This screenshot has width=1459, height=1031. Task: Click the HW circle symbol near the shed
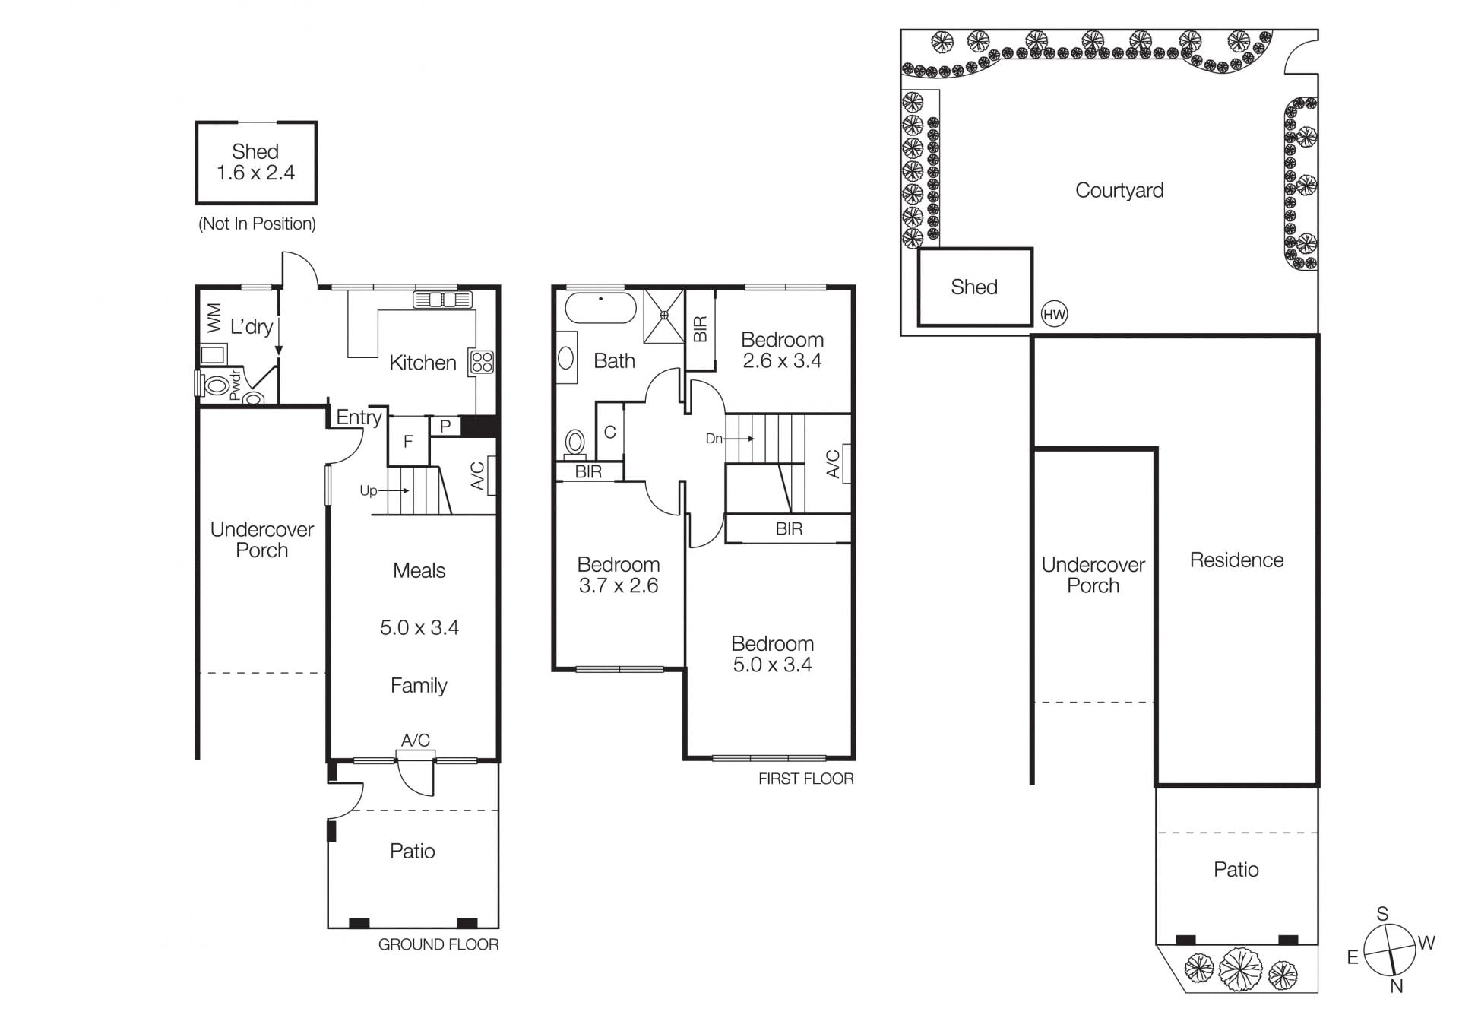click(1054, 314)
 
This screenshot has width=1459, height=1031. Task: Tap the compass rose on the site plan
click(1390, 950)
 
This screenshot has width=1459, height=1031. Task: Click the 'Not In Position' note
click(257, 224)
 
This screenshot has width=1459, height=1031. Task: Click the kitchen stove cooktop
click(482, 362)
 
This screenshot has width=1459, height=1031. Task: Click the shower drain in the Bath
click(664, 314)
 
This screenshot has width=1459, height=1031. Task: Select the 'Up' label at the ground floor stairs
click(369, 490)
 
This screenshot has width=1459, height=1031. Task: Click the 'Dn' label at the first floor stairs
click(714, 439)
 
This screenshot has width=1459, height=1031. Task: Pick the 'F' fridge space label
click(408, 442)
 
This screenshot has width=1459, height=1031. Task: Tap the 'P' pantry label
click(445, 427)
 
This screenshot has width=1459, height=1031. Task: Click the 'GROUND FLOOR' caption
click(438, 944)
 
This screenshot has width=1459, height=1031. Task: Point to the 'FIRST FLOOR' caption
click(806, 779)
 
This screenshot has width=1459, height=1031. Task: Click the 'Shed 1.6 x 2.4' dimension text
click(255, 162)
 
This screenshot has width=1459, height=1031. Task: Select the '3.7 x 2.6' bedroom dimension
click(619, 585)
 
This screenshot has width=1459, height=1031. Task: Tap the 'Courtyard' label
click(1119, 190)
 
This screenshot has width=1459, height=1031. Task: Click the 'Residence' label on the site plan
click(1236, 560)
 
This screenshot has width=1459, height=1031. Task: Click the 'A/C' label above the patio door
click(416, 740)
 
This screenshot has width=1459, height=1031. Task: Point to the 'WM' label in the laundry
click(214, 318)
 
